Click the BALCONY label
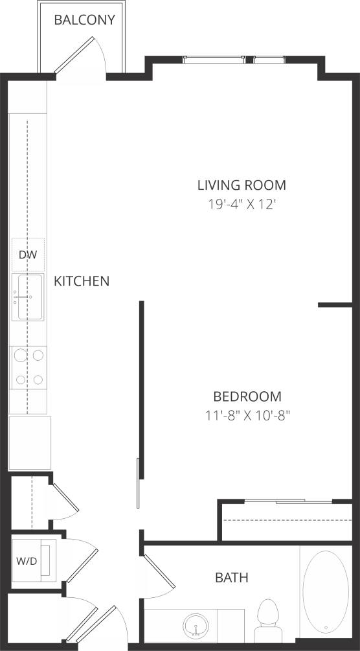point(84,20)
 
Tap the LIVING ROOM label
point(242,185)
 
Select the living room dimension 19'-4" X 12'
point(242,205)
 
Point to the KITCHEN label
point(81,281)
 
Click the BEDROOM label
point(247,396)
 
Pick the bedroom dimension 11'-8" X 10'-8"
point(247,415)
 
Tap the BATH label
point(232,577)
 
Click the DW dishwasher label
point(27,255)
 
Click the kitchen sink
point(28,297)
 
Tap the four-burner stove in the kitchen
point(29,367)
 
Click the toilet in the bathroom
point(267,619)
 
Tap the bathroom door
point(159,570)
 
